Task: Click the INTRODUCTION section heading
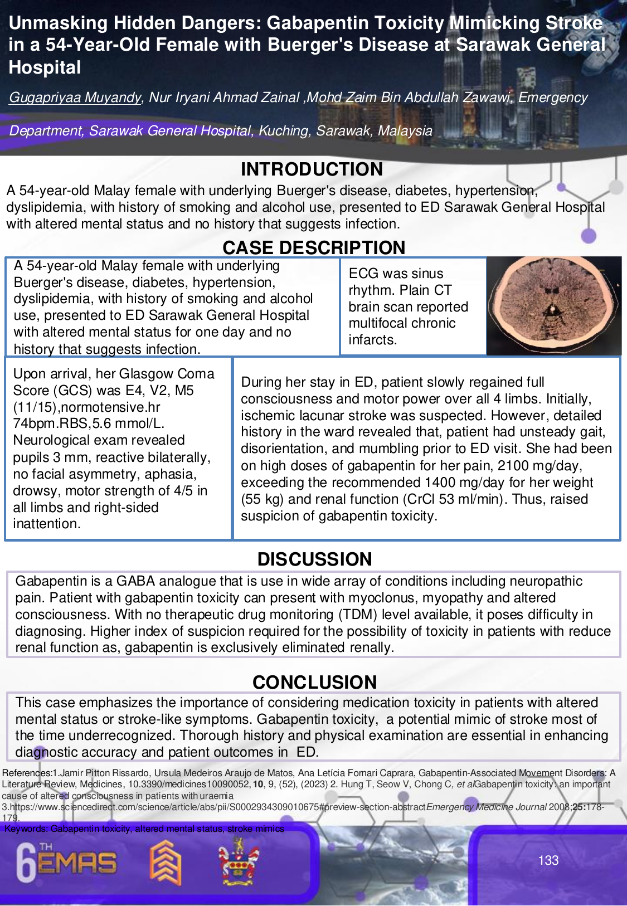coord(312,169)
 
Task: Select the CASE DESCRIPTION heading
coord(314,247)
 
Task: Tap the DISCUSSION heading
coord(314,559)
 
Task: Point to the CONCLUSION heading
coord(314,682)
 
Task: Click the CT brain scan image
coord(554,305)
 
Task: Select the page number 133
coord(548,860)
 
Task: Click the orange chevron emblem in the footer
coord(166,863)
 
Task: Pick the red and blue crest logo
coord(238,862)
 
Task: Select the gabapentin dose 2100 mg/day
coord(540,465)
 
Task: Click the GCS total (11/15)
coord(36,407)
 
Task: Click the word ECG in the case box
coord(363,274)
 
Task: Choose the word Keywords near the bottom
coord(26,829)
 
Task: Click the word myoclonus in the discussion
coord(383,598)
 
